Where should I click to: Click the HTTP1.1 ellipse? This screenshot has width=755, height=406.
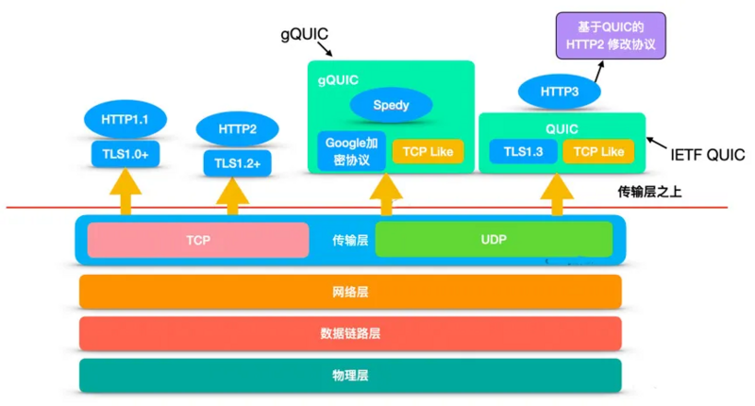[x=124, y=120]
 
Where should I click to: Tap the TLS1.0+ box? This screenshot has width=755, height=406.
[x=123, y=153]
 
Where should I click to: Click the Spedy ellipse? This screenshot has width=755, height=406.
[x=391, y=105]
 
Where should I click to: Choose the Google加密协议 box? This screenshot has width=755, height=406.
[x=351, y=151]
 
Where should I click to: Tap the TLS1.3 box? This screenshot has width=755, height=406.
[x=522, y=151]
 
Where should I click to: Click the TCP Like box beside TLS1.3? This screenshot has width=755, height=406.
[x=598, y=151]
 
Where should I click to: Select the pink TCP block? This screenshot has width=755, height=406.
[x=198, y=240]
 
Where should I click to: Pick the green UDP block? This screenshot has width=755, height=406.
[x=493, y=240]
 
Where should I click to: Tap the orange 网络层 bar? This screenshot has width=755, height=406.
[x=350, y=292]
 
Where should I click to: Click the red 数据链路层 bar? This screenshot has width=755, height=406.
[x=350, y=333]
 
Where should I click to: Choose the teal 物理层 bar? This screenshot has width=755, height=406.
[x=350, y=375]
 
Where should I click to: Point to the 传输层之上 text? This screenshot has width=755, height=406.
[x=650, y=192]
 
